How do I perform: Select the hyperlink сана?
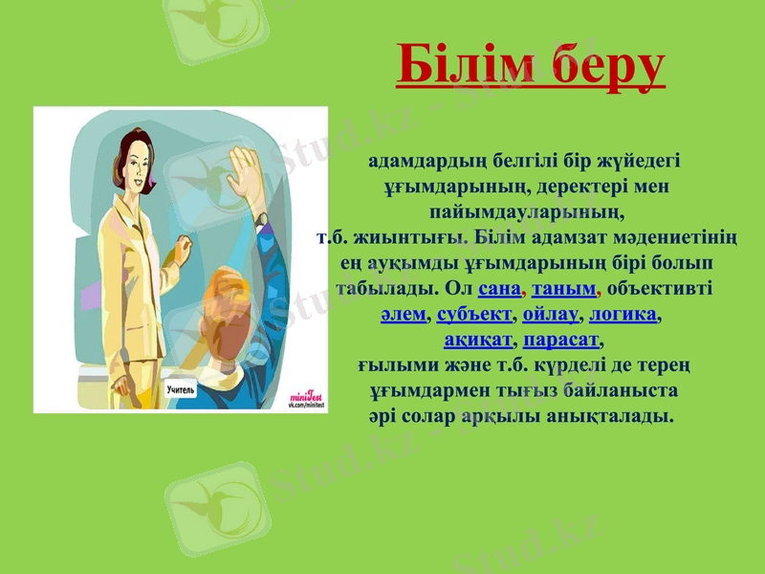pos(497,288)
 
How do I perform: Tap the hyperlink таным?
pos(564,288)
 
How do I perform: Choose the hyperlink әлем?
pos(403,314)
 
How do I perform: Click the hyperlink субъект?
pos(474,314)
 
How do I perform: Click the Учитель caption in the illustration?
pos(181,389)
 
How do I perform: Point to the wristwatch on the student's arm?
pos(261,219)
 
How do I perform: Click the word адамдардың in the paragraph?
pos(417,159)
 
